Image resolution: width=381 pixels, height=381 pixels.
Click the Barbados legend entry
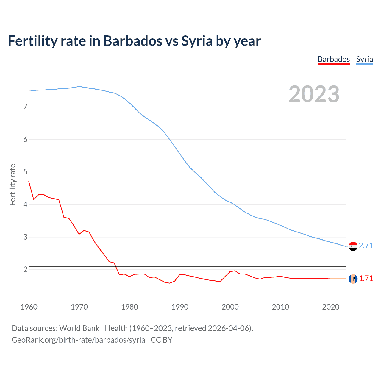[334, 59]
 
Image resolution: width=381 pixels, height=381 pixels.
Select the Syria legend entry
[364, 59]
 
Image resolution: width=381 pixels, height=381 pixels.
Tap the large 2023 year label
[314, 94]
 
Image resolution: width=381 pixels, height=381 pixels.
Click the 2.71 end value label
[366, 246]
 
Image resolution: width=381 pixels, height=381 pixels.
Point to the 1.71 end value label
[366, 278]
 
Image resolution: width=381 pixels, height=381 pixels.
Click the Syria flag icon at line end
[353, 246]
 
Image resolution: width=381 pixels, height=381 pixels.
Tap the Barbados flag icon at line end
[353, 279]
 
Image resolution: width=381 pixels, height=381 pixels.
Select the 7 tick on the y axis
[25, 107]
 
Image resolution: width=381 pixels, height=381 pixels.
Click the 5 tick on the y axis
[25, 172]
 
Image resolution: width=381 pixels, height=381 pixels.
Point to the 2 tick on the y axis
[25, 269]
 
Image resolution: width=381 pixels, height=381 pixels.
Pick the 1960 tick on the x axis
[29, 307]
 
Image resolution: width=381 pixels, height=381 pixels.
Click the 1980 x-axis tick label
[129, 307]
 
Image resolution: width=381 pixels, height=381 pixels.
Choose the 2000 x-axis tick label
[230, 307]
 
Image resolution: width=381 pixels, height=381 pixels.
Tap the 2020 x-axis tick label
[331, 307]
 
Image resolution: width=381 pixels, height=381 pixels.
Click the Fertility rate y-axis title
[13, 185]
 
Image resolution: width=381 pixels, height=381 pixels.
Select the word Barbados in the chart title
[132, 41]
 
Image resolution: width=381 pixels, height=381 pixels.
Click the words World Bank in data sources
[79, 328]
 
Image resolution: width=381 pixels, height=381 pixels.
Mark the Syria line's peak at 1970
[79, 86]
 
